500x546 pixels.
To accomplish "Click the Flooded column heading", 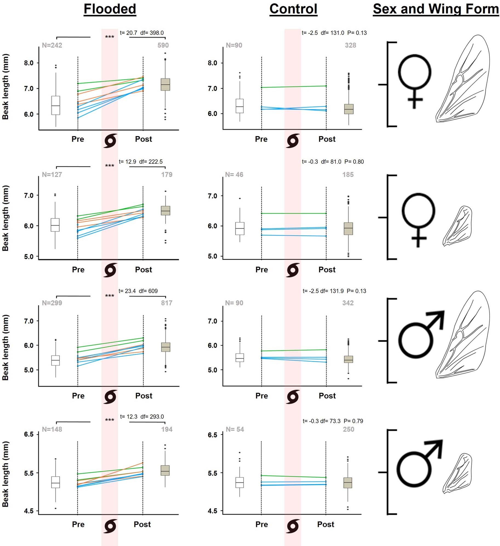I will point(110,9).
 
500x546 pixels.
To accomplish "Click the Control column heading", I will point(293,9).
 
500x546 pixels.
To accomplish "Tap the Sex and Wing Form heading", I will point(436,9).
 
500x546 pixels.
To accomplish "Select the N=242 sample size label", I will point(52,45).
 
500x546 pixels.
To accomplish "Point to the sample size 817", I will point(167,303).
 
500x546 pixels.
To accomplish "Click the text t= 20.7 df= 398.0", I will point(142,33).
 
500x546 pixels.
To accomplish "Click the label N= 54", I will point(235,429).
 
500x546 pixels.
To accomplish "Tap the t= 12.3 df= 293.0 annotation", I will point(142,416).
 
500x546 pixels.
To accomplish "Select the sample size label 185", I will point(348,175).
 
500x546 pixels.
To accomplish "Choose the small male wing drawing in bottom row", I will point(458,473).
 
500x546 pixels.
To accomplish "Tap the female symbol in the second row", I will point(418,219).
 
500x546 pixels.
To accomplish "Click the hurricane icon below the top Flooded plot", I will point(110,141).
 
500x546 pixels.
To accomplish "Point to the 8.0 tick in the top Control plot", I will point(212,63).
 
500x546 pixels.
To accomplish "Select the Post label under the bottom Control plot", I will point(325,524).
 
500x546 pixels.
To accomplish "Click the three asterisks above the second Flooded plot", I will point(110,166).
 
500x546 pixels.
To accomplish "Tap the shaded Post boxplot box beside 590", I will point(165,84).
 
